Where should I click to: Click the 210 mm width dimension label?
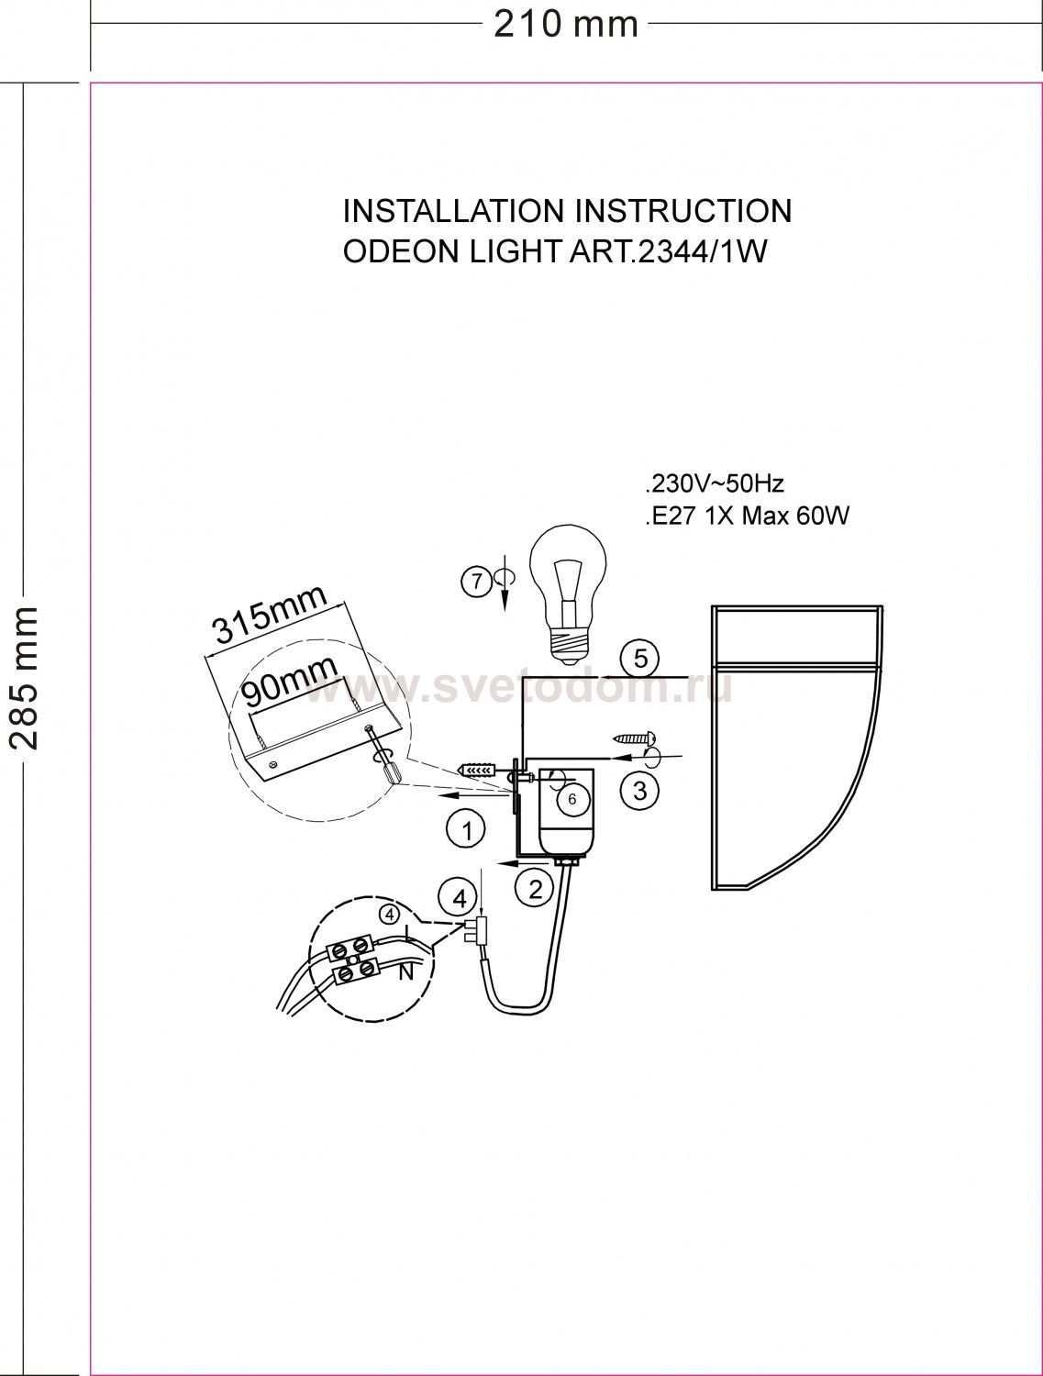coord(565,25)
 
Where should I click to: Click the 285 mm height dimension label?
coord(25,678)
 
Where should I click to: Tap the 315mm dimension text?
coord(271,615)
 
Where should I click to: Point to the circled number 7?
coord(477,582)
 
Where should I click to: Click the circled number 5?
coord(640,659)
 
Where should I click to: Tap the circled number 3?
coord(639,791)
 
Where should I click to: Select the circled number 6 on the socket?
coord(571,799)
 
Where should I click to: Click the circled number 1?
coord(466,831)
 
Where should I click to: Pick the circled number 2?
coord(535,889)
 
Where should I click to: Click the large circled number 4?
coord(460,899)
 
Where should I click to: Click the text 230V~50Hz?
coord(716,484)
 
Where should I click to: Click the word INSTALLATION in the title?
coord(450,211)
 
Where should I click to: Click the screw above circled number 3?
coord(634,738)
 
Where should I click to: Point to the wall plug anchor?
coord(477,769)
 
